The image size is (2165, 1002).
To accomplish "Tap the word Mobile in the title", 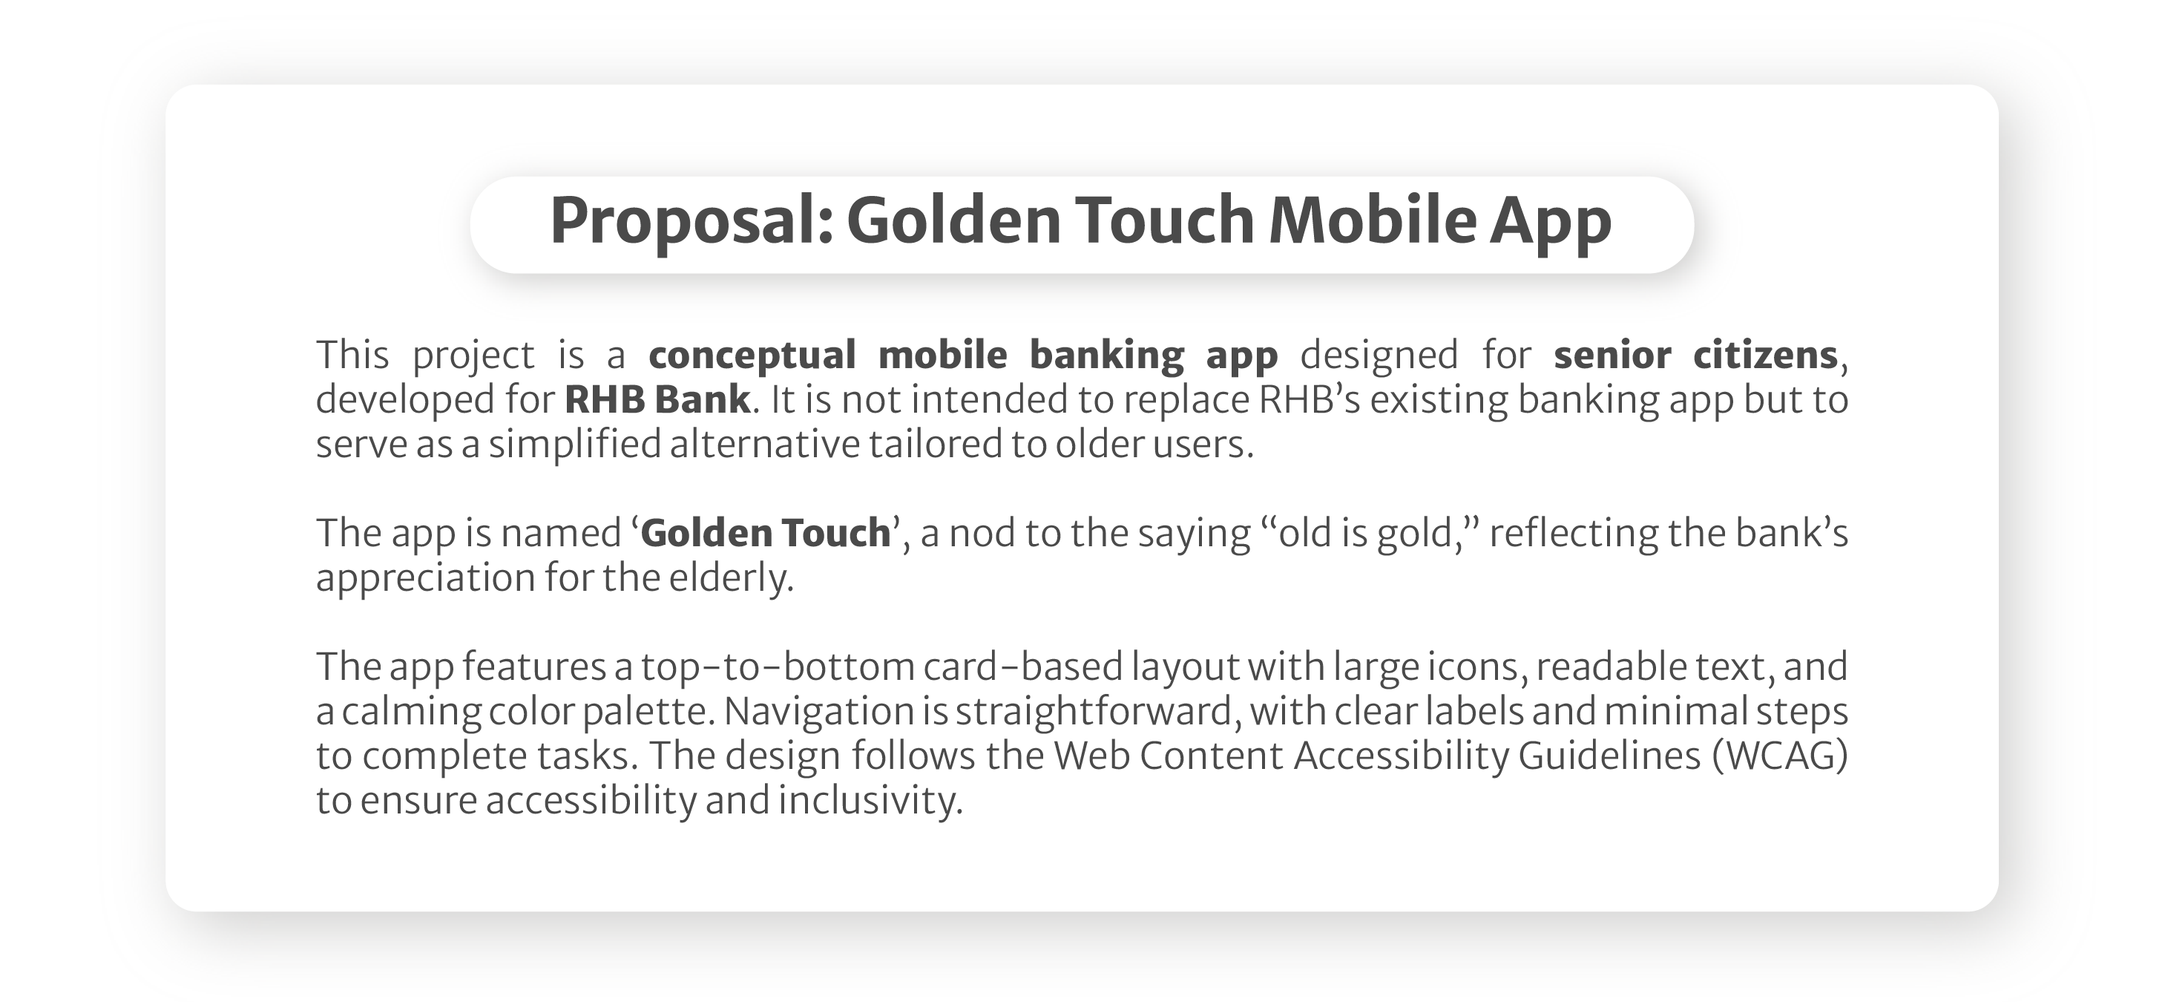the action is click(1372, 220).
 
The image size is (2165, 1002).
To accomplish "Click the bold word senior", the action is click(1612, 355).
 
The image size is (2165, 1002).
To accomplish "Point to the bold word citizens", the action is click(1765, 355).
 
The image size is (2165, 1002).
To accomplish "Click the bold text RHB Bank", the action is click(657, 399).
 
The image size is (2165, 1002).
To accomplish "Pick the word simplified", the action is click(576, 445).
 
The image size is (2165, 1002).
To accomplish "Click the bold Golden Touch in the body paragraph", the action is click(765, 534).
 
